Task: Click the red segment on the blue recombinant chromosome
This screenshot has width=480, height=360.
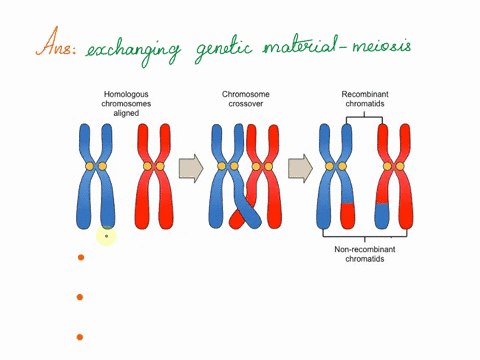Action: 345,214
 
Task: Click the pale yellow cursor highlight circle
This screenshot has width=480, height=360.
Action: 107,237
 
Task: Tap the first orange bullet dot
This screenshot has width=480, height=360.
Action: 81,258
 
